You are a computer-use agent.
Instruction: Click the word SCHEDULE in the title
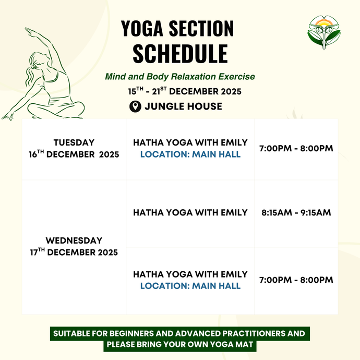pyautogui.click(x=180, y=53)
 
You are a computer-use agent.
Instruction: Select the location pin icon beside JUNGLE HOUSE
pyautogui.click(x=135, y=106)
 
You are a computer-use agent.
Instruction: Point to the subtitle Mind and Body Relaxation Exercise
pyautogui.click(x=180, y=77)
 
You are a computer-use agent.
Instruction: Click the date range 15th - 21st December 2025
pyautogui.click(x=185, y=91)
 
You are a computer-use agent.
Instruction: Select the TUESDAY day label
pyautogui.click(x=74, y=142)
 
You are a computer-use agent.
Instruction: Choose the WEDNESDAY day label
pyautogui.click(x=74, y=241)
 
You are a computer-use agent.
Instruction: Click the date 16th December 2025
pyautogui.click(x=74, y=155)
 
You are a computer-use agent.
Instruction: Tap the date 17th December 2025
pyautogui.click(x=74, y=253)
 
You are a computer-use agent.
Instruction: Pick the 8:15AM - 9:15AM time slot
pyautogui.click(x=296, y=213)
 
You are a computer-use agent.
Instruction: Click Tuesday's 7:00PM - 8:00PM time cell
pyautogui.click(x=296, y=149)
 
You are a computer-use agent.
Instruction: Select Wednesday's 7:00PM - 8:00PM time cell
pyautogui.click(x=296, y=280)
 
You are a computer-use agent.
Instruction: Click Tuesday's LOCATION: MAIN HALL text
pyautogui.click(x=190, y=154)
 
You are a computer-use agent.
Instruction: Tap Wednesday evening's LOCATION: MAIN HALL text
pyautogui.click(x=190, y=286)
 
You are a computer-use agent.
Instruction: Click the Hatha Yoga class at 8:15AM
pyautogui.click(x=190, y=213)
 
